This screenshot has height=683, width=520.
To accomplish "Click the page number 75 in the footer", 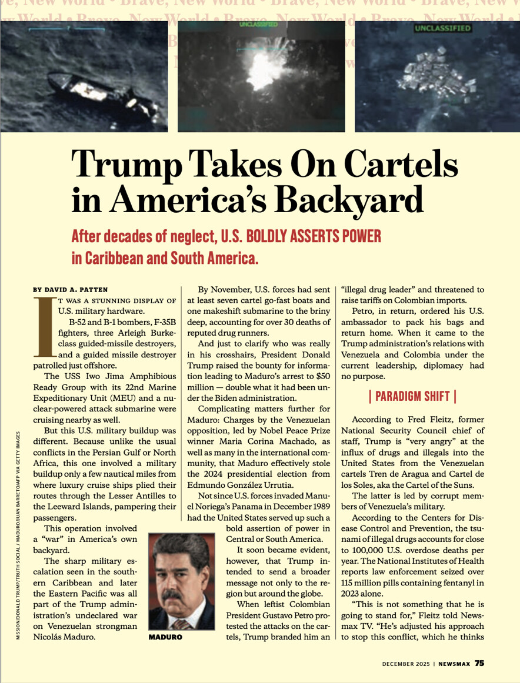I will (479, 662).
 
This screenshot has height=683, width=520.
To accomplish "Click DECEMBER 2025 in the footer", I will (406, 663).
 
